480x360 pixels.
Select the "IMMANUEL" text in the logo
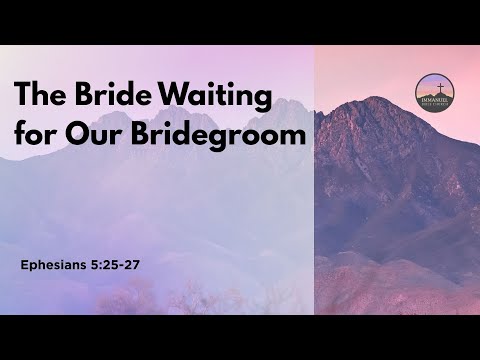tap(436, 99)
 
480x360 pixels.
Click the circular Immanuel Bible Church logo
tap(436, 93)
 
